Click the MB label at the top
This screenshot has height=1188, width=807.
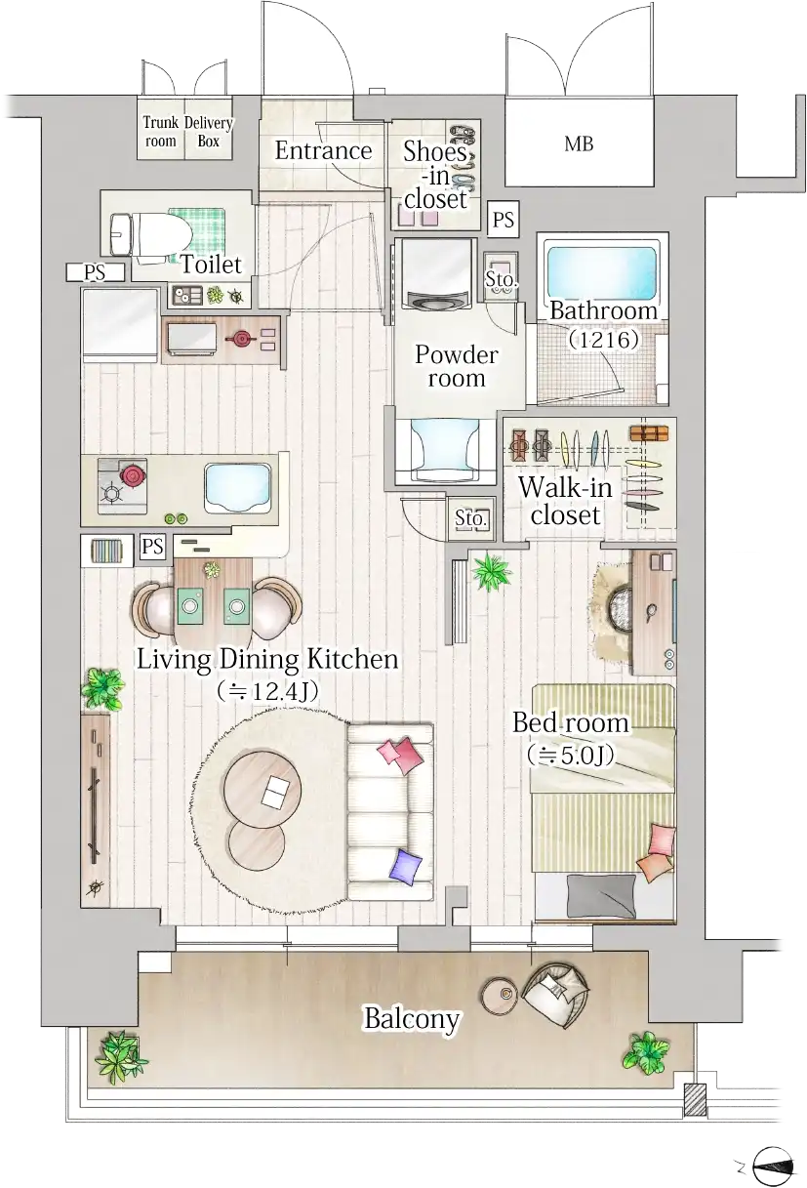(x=579, y=143)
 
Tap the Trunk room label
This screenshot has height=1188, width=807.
(x=160, y=132)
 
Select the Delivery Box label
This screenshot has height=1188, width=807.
(x=209, y=132)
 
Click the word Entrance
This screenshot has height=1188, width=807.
(x=323, y=150)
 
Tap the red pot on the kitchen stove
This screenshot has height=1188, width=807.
(x=132, y=473)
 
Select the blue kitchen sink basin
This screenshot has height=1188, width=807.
(x=238, y=487)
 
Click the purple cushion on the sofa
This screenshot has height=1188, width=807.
(x=406, y=866)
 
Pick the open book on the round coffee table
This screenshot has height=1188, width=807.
(x=277, y=792)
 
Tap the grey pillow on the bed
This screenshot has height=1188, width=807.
(x=601, y=895)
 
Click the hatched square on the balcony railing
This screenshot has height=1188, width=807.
(x=695, y=1099)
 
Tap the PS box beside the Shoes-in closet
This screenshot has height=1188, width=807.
(x=504, y=219)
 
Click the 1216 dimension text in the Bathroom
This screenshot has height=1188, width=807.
(x=604, y=340)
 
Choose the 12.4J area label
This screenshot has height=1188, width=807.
(x=267, y=691)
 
